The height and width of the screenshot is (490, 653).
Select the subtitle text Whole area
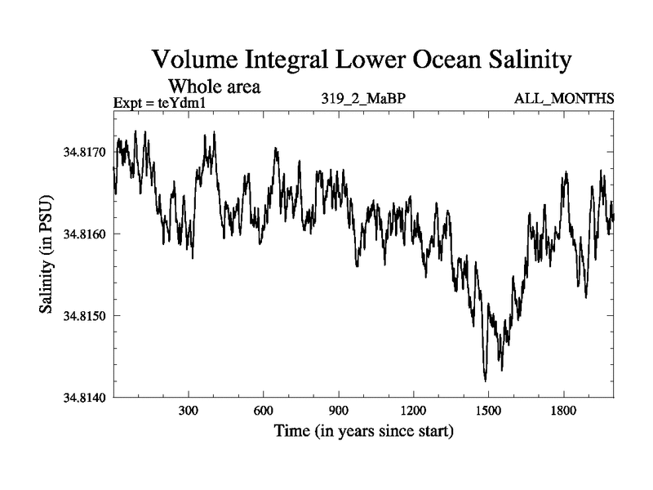tap(214, 86)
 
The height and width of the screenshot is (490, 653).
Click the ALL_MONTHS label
tap(564, 99)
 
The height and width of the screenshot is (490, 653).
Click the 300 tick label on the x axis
tap(189, 411)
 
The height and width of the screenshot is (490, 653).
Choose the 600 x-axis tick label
tap(264, 411)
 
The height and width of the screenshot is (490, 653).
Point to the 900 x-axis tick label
tap(338, 411)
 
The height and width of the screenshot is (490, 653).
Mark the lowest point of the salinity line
tap(486, 381)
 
